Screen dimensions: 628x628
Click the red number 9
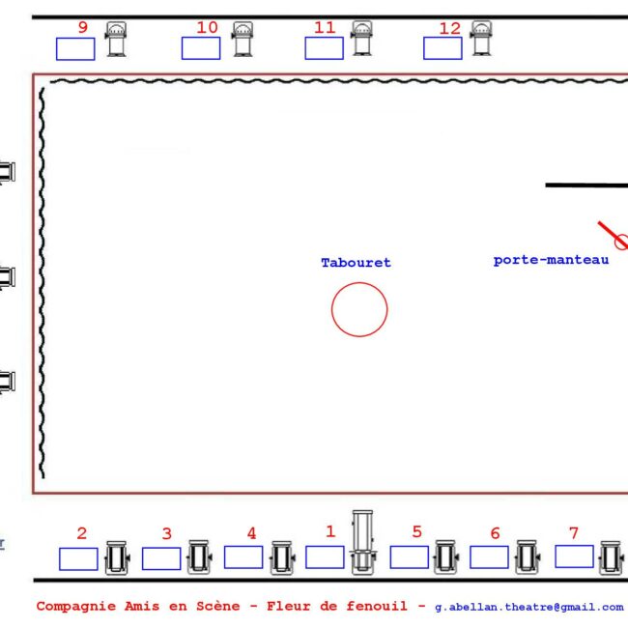tap(83, 27)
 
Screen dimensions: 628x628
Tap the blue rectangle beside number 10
tap(201, 48)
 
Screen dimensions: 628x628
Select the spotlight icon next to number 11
tap(362, 39)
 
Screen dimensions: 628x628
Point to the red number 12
tap(450, 28)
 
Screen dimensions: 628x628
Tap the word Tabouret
tap(356, 263)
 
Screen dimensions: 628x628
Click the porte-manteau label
tap(551, 260)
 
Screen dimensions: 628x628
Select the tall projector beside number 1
tap(362, 541)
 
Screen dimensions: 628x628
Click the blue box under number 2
tap(78, 558)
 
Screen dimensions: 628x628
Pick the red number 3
tap(167, 533)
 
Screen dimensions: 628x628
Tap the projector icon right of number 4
tap(282, 557)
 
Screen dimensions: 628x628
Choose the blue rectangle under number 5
tap(409, 557)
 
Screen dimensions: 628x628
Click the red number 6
tap(495, 533)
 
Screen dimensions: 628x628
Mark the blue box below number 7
tap(574, 557)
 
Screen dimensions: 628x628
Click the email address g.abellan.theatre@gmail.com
tap(529, 607)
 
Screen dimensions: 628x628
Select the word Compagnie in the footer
tap(76, 607)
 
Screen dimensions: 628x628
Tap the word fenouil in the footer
tap(377, 606)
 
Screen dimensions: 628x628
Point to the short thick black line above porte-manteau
tap(586, 186)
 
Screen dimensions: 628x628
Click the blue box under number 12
tap(442, 48)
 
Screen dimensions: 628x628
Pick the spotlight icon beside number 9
tap(116, 40)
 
